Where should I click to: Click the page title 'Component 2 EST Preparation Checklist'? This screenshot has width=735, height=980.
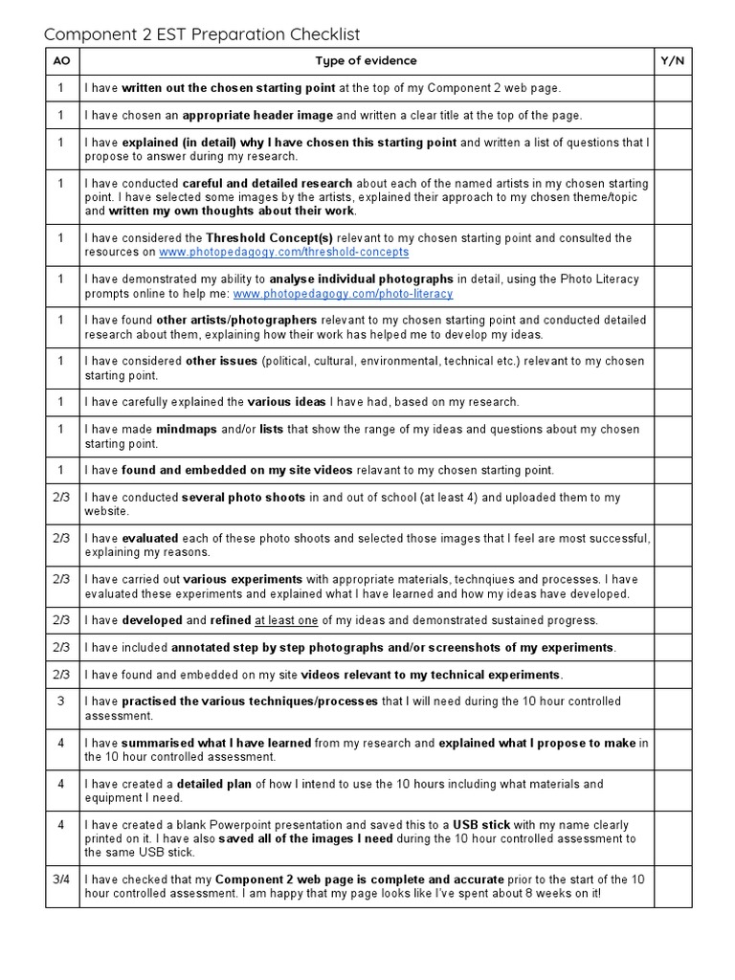202,34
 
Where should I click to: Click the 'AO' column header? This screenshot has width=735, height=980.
62,61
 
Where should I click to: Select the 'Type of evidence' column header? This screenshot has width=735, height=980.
367,61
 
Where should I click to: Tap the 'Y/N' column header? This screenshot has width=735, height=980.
672,61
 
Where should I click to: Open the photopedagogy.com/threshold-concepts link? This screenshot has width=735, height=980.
283,252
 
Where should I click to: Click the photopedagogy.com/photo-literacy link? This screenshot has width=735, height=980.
343,293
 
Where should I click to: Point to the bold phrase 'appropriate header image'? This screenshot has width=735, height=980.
257,116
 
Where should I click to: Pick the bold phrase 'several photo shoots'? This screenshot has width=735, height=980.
243,498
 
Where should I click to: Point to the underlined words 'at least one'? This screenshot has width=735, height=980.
287,620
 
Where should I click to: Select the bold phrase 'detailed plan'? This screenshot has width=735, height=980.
214,784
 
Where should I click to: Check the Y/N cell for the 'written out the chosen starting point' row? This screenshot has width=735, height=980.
672,89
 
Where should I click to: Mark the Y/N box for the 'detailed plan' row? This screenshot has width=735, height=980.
672,791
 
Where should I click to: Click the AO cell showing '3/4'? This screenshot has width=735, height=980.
62,880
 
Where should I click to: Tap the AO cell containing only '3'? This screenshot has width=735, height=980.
62,702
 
